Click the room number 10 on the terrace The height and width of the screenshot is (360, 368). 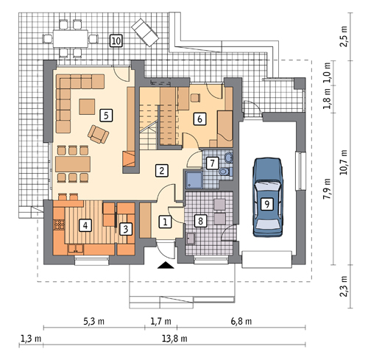(x=116, y=40)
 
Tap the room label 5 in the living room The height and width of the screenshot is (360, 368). (x=106, y=116)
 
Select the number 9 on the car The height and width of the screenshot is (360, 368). (x=267, y=204)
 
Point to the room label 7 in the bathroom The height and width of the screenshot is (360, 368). (x=213, y=163)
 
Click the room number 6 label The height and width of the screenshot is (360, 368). (x=199, y=119)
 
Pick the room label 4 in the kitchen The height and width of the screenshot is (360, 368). (x=85, y=225)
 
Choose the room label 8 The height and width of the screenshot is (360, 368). (x=200, y=221)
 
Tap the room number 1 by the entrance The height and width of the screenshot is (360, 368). (x=165, y=222)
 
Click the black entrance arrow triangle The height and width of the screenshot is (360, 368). (x=166, y=265)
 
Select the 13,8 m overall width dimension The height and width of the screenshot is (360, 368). (x=174, y=339)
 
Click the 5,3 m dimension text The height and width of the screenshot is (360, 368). (x=94, y=321)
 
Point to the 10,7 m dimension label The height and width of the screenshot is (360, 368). (x=344, y=162)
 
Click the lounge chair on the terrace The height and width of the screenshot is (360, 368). (x=145, y=32)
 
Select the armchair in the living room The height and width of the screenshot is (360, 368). (x=98, y=134)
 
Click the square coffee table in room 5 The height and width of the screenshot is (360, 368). (x=87, y=107)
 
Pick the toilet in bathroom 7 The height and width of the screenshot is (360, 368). (x=226, y=172)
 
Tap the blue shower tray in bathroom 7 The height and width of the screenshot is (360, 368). (x=194, y=180)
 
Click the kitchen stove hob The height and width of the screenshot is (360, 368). (x=59, y=225)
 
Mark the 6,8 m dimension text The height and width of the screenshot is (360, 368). (x=241, y=321)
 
